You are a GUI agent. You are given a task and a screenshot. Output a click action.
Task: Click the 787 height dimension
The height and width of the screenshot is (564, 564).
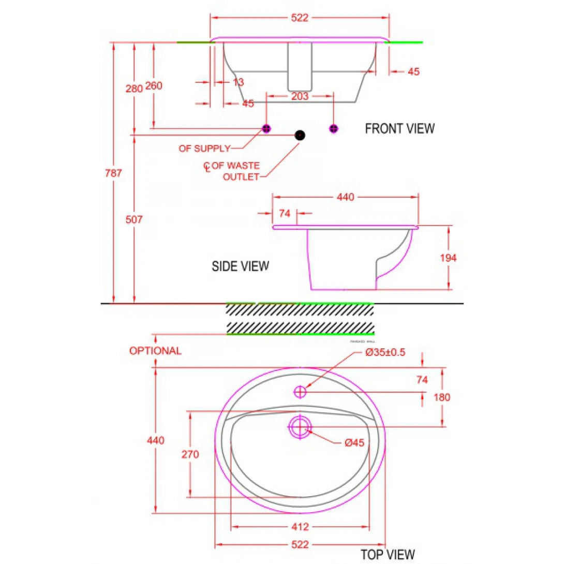point(114,173)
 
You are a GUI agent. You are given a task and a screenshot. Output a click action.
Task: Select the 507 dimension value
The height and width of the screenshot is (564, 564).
point(134,219)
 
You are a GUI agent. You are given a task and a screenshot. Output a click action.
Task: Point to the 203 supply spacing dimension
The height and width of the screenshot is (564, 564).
point(300,96)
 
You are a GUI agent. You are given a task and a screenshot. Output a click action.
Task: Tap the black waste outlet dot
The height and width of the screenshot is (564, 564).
point(300,135)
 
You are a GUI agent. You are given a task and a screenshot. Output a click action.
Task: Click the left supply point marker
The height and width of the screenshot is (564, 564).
point(266,128)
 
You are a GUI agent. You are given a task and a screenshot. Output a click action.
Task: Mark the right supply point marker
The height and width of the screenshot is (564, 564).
point(333,128)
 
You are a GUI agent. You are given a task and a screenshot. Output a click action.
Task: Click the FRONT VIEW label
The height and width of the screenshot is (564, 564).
point(399,128)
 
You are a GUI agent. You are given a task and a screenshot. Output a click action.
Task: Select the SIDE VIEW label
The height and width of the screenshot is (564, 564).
point(240,266)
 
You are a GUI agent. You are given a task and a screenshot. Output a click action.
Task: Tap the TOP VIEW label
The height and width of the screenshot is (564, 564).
point(388,554)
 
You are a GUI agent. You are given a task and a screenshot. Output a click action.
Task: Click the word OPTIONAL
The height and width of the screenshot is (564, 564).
point(155,351)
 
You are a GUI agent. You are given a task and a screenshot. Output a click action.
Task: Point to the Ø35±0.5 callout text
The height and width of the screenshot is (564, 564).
point(385,352)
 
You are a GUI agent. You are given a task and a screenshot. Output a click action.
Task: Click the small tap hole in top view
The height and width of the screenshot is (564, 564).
point(300,392)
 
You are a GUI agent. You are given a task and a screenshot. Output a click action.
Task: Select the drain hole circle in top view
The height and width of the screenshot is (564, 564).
point(300,427)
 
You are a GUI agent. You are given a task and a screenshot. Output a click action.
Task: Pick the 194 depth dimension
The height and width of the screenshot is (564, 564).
point(448,258)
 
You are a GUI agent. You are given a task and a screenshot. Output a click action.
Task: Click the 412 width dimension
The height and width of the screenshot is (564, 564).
point(300,527)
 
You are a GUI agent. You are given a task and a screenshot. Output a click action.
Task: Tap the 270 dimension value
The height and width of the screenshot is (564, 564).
point(190,454)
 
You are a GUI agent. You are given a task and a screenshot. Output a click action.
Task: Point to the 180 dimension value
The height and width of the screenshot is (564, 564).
point(442,397)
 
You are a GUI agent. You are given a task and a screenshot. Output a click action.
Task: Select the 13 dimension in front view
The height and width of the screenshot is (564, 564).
point(238,82)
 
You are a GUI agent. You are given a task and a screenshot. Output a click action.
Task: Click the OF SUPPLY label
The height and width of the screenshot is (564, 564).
point(204,149)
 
